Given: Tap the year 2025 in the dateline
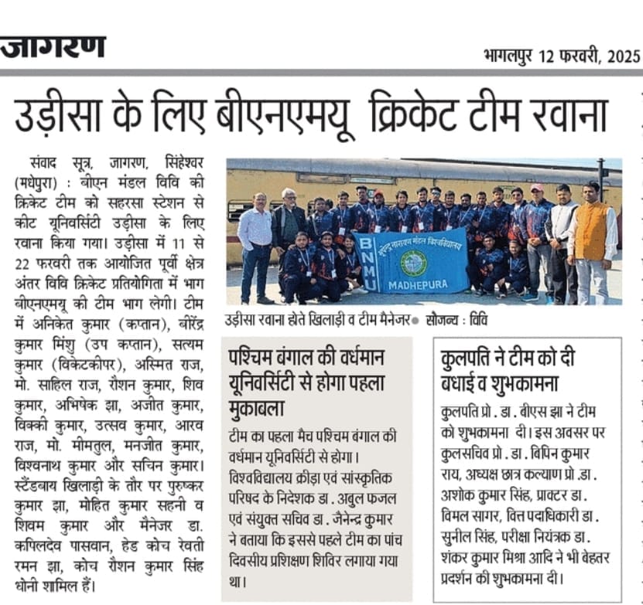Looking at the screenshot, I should [x=624, y=56].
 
